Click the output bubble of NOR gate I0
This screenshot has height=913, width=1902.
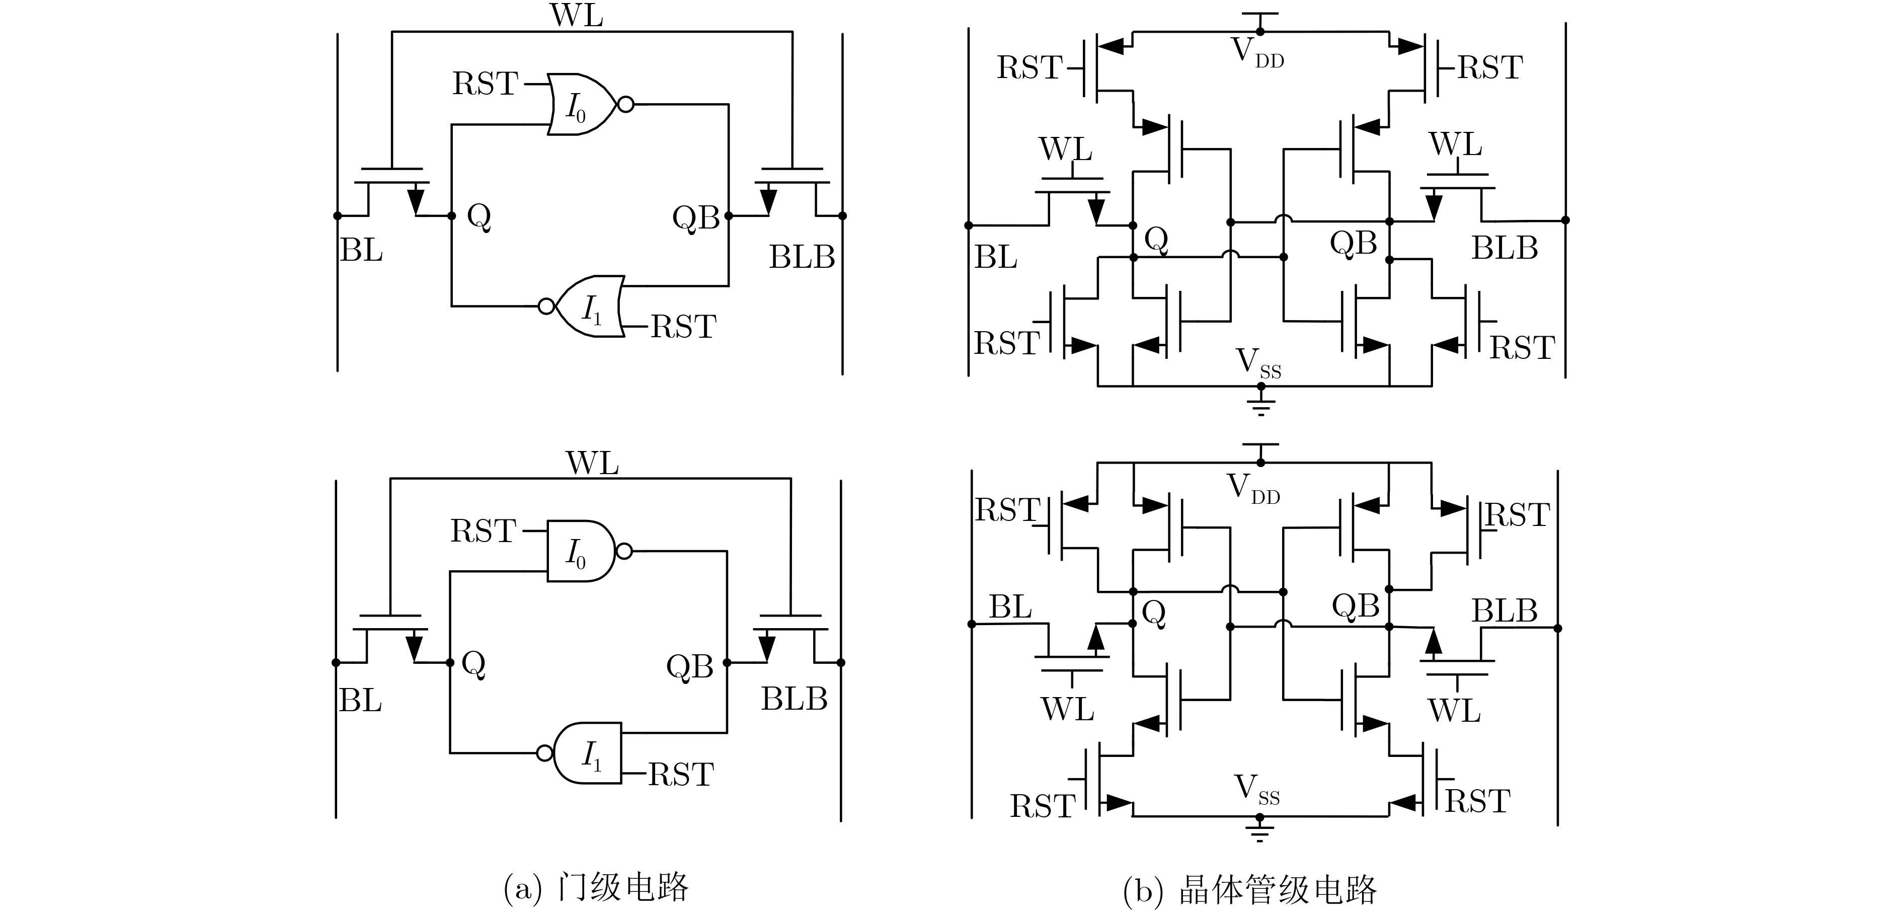pyautogui.click(x=625, y=105)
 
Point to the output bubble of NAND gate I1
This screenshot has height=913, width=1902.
pyautogui.click(x=545, y=753)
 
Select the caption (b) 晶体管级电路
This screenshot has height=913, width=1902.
pyautogui.click(x=1249, y=889)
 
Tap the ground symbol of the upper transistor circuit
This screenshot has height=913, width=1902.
pyautogui.click(x=1260, y=406)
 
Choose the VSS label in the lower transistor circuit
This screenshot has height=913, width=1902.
pyautogui.click(x=1257, y=790)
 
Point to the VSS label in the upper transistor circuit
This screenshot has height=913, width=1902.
pyautogui.click(x=1258, y=363)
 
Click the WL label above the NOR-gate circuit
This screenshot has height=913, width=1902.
pyautogui.click(x=577, y=16)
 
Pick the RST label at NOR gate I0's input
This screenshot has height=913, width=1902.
pyautogui.click(x=485, y=84)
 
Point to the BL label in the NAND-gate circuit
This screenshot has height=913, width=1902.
pyautogui.click(x=360, y=700)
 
